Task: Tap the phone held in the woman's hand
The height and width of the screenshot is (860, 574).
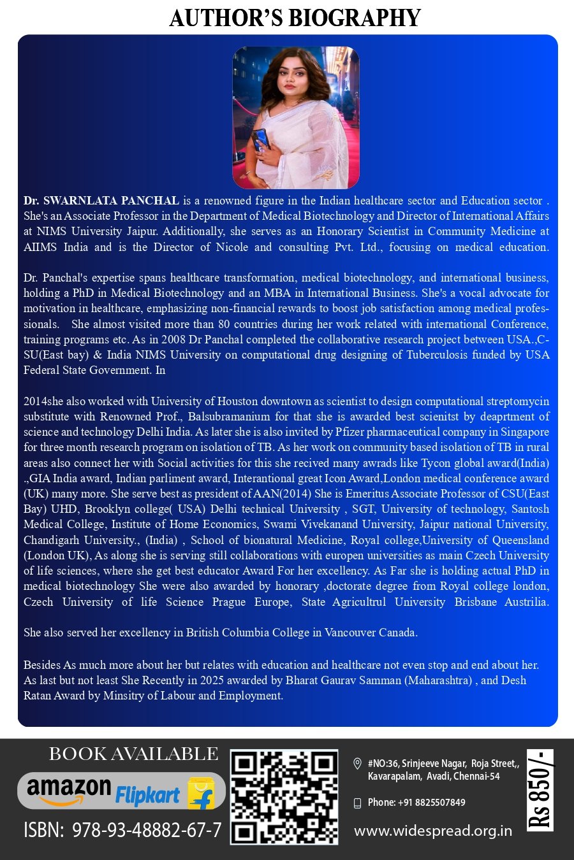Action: pos(261,139)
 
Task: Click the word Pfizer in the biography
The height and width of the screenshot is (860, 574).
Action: pos(350,432)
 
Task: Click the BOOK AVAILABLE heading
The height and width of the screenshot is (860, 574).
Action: pos(134,754)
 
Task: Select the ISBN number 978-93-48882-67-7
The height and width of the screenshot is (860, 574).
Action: pos(147,830)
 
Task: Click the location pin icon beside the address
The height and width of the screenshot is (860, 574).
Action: pos(358,764)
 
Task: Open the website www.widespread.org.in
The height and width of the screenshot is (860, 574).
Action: pos(433,831)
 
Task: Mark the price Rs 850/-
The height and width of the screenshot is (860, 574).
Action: pos(540,791)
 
